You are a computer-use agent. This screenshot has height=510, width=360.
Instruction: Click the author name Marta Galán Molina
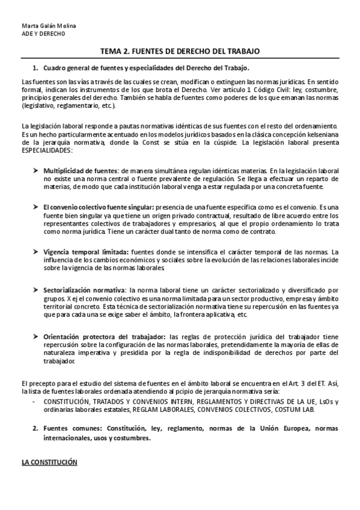coord(44,26)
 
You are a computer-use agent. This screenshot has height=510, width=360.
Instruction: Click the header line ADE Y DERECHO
coord(40,34)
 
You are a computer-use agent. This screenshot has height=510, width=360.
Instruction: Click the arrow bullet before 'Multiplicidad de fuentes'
coord(36,171)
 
